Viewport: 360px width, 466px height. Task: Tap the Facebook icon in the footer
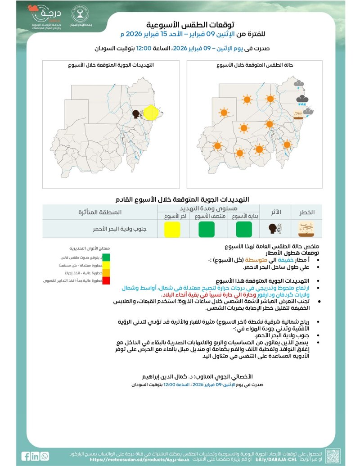(26, 456)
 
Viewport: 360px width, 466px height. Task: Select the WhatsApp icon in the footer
(44, 456)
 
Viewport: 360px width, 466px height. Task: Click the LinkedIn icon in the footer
(35, 456)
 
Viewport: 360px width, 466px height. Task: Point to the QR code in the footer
(333, 456)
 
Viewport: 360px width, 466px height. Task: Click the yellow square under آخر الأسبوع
(171, 229)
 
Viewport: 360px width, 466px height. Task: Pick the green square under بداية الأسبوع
(243, 229)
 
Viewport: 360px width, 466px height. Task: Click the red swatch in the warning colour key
(106, 281)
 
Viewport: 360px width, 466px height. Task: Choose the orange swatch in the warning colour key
(106, 273)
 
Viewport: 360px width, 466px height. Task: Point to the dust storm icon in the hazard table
(307, 229)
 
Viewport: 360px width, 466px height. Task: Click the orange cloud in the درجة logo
(32, 8)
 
